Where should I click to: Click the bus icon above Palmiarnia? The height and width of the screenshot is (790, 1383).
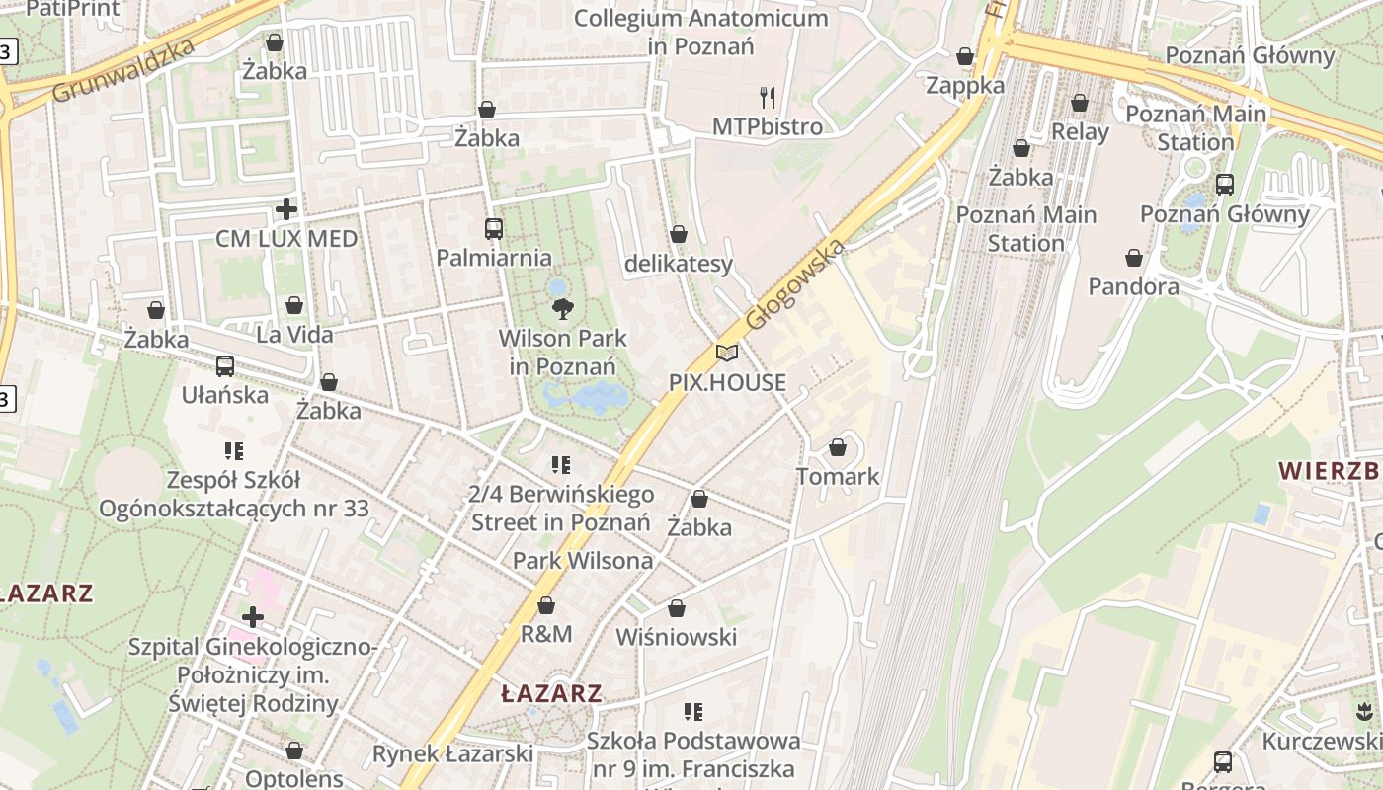pyautogui.click(x=494, y=229)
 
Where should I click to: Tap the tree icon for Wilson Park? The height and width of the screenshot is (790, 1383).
pyautogui.click(x=562, y=309)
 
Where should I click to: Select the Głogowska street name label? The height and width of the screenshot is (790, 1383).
pyautogui.click(x=795, y=284)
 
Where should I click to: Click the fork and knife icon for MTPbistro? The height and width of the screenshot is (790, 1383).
pyautogui.click(x=767, y=97)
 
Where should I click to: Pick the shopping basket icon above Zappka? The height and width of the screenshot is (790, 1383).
pyautogui.click(x=965, y=56)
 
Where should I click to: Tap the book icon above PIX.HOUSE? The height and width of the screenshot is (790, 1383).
pyautogui.click(x=727, y=353)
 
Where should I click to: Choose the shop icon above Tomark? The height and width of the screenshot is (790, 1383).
pyautogui.click(x=838, y=447)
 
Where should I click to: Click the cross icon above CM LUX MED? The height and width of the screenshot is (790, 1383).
pyautogui.click(x=286, y=209)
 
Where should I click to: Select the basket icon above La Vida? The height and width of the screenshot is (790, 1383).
pyautogui.click(x=294, y=305)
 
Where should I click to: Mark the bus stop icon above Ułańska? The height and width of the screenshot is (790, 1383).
pyautogui.click(x=225, y=365)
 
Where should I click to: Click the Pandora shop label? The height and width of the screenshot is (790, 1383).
pyautogui.click(x=1133, y=286)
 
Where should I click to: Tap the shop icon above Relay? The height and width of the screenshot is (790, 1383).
pyautogui.click(x=1080, y=103)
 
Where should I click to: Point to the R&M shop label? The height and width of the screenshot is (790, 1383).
pyautogui.click(x=546, y=633)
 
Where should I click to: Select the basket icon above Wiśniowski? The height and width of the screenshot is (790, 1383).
pyautogui.click(x=677, y=608)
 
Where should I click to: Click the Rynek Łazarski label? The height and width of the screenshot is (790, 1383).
pyautogui.click(x=452, y=753)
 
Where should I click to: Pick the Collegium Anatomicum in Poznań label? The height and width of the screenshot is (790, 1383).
pyautogui.click(x=700, y=32)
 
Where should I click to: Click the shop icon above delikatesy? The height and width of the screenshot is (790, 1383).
pyautogui.click(x=679, y=234)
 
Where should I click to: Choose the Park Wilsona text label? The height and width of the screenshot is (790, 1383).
pyautogui.click(x=582, y=561)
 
